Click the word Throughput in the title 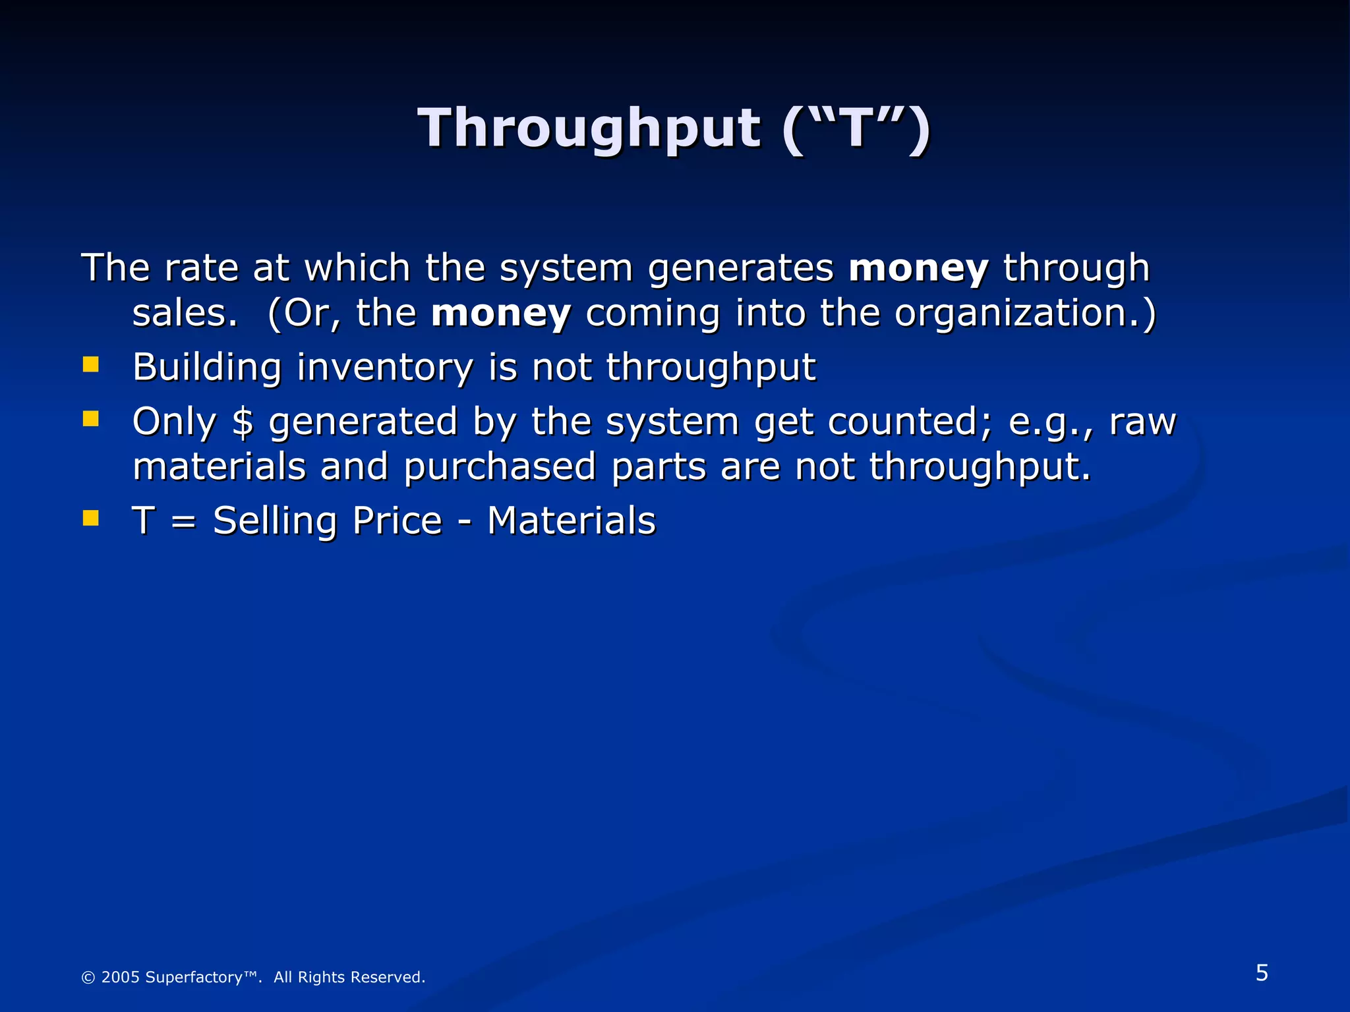(x=589, y=128)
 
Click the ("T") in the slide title (x=856, y=128)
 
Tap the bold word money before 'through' (x=918, y=268)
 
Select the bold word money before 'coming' (x=500, y=313)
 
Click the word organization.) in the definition (x=1025, y=313)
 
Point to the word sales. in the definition (x=185, y=313)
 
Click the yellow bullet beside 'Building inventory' (x=91, y=364)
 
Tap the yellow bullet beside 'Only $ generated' (x=91, y=419)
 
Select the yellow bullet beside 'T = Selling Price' (x=91, y=518)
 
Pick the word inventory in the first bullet (x=384, y=367)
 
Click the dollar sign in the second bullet (x=243, y=422)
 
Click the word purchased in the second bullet (x=500, y=467)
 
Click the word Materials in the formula (x=572, y=520)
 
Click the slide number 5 (x=1262, y=973)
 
